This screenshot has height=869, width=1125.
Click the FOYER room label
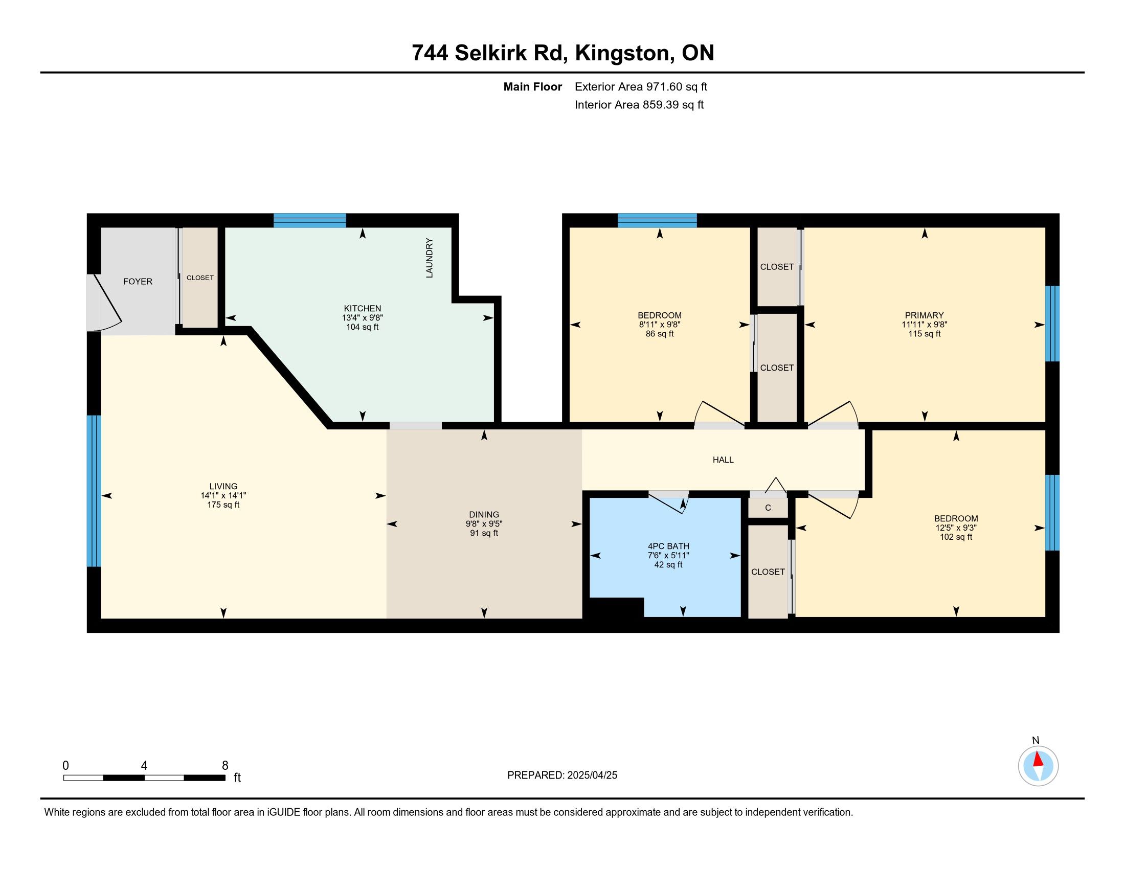[x=138, y=282]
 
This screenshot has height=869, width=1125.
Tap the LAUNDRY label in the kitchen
[x=429, y=258]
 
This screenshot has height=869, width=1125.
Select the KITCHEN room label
[x=363, y=308]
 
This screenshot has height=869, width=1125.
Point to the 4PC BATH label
[x=669, y=546]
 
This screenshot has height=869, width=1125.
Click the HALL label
[x=723, y=460]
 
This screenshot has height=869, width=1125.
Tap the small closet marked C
[x=768, y=508]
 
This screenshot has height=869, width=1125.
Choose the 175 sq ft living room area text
[x=223, y=505]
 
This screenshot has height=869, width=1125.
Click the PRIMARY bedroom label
[x=925, y=315]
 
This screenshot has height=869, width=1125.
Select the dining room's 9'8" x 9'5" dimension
[x=484, y=523]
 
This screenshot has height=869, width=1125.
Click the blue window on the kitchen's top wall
[x=309, y=220]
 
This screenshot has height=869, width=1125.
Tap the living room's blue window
[x=94, y=491]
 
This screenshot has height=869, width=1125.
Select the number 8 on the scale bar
[x=225, y=766]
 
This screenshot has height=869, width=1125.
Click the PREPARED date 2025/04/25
[x=592, y=775]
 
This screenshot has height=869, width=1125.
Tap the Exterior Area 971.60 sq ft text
[x=641, y=87]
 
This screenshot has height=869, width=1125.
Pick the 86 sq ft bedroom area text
[x=660, y=334]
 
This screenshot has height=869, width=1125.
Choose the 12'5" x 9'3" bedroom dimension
[x=956, y=528]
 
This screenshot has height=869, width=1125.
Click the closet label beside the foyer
[x=200, y=278]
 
